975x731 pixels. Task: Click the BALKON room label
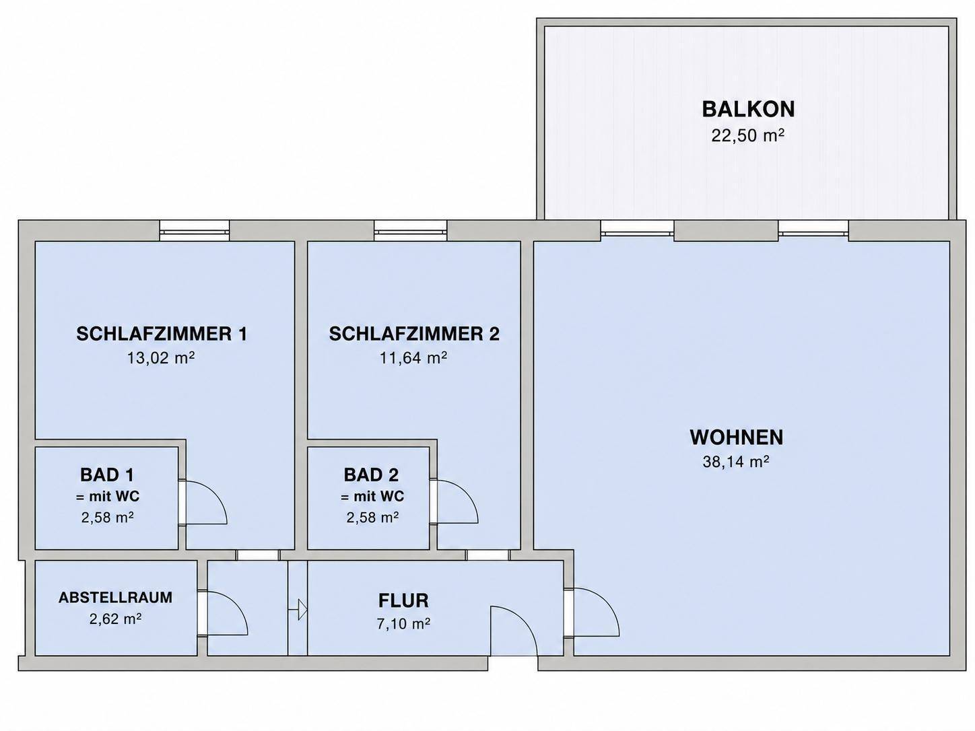click(748, 109)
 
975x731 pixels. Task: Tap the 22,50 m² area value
click(748, 135)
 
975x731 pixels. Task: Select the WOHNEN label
click(737, 437)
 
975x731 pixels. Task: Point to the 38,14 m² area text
click(736, 462)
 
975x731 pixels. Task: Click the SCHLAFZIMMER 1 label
click(162, 334)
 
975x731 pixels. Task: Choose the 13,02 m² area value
click(161, 357)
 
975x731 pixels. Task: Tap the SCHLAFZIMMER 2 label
click(414, 334)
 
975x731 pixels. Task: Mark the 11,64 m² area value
click(413, 357)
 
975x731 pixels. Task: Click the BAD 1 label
click(107, 475)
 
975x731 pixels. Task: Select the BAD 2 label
click(371, 475)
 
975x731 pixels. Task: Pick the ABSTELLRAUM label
click(116, 598)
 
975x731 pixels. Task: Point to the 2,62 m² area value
click(116, 619)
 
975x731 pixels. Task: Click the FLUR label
click(403, 600)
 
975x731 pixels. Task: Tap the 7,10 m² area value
click(403, 623)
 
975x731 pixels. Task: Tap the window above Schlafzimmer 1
click(195, 232)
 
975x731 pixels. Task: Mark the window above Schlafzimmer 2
click(411, 232)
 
